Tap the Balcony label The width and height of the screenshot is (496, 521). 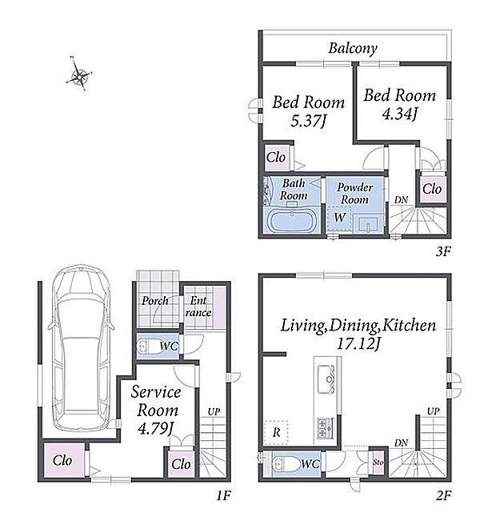pos(353,49)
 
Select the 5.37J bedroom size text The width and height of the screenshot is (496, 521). pos(308,121)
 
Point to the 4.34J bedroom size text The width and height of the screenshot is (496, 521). pos(399,114)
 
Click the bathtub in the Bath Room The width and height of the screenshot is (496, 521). pos(292,221)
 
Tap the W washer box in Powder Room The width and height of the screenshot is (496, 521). pos(339,218)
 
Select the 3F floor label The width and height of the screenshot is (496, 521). pos(443,251)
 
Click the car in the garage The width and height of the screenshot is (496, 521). pos(82,347)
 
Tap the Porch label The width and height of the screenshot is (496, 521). pos(154,301)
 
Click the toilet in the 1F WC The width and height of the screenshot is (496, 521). pos(148,347)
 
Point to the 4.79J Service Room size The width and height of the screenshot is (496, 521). pos(155,428)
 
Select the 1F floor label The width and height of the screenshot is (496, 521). pos(223,495)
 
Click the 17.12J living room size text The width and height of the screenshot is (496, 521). pos(358,344)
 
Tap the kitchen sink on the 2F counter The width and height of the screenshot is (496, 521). pos(326,379)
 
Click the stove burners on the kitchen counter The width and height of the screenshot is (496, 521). pos(325,428)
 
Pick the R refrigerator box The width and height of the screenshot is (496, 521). pos(276,432)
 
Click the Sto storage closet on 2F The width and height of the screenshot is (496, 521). pos(378,463)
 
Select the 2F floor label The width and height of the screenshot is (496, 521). pos(443,495)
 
